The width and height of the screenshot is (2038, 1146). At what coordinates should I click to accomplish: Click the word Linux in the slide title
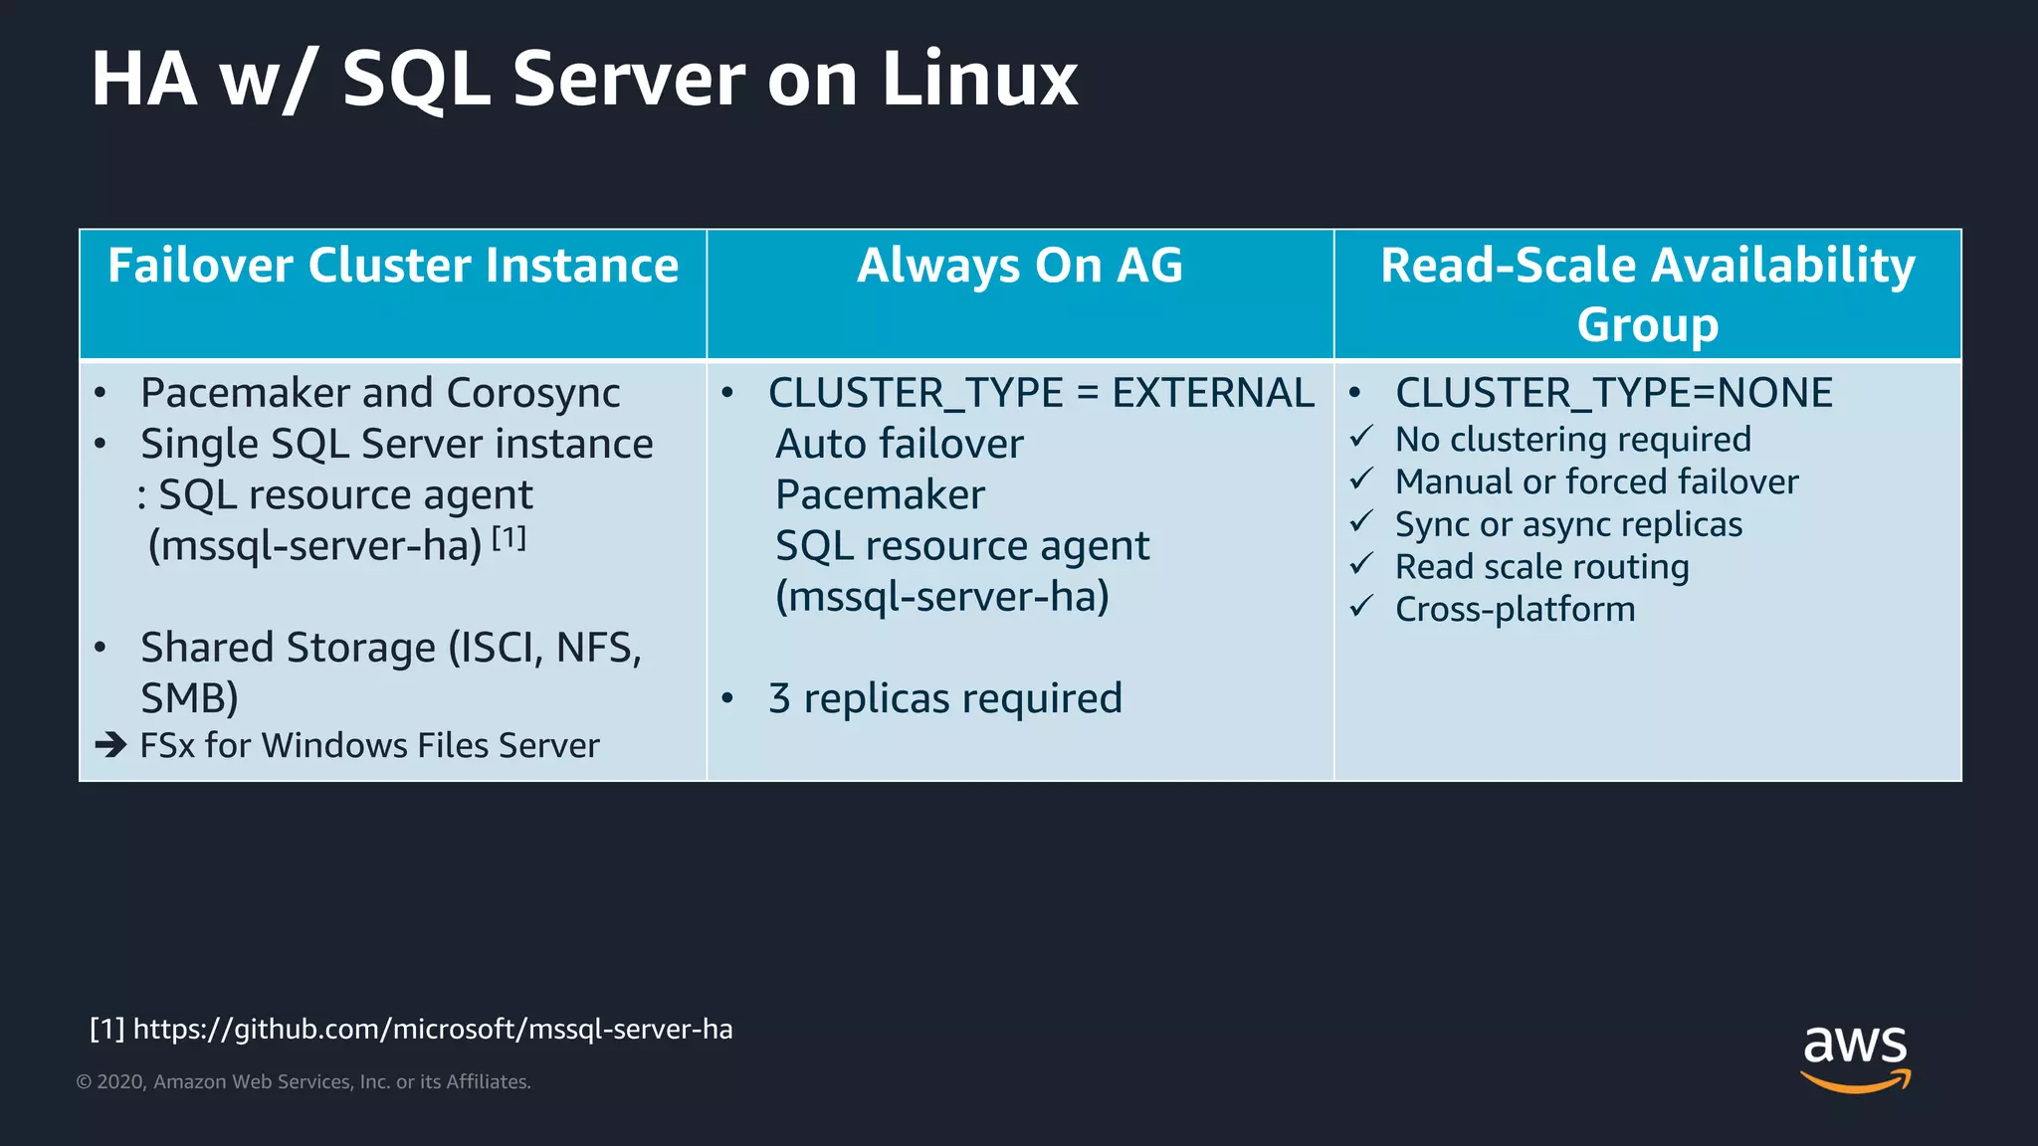(x=979, y=80)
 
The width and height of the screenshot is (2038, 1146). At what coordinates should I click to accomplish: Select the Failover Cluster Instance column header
(x=393, y=267)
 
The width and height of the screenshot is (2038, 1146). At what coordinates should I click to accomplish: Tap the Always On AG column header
(x=1020, y=267)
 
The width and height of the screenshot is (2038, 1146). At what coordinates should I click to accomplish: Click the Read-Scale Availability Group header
(x=1647, y=293)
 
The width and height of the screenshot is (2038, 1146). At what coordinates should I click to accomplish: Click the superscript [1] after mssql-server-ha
(x=509, y=538)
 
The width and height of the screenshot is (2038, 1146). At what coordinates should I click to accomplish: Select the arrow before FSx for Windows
(x=110, y=744)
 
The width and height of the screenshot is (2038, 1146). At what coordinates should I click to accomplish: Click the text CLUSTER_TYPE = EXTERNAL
(x=1041, y=394)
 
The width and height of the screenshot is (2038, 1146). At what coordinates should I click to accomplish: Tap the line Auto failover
(x=899, y=445)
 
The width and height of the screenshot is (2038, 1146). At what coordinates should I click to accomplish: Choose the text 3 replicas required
(x=944, y=698)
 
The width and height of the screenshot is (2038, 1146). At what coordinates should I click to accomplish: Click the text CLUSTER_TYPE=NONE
(x=1613, y=394)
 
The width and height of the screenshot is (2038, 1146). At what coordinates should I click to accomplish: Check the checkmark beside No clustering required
(x=1361, y=437)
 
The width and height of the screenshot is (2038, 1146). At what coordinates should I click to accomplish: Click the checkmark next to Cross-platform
(x=1361, y=606)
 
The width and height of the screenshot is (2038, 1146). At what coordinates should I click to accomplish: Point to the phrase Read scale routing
(x=1541, y=567)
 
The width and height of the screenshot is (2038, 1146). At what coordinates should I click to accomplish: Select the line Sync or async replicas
(x=1568, y=524)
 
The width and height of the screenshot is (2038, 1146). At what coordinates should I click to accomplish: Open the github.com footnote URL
(x=433, y=1029)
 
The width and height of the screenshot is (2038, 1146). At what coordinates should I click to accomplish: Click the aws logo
(x=1855, y=1056)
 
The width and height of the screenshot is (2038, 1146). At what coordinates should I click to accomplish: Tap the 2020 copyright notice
(x=304, y=1082)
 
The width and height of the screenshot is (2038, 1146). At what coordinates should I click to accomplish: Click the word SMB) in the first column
(x=189, y=698)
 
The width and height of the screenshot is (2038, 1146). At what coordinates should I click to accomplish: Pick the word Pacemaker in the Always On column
(x=880, y=495)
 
